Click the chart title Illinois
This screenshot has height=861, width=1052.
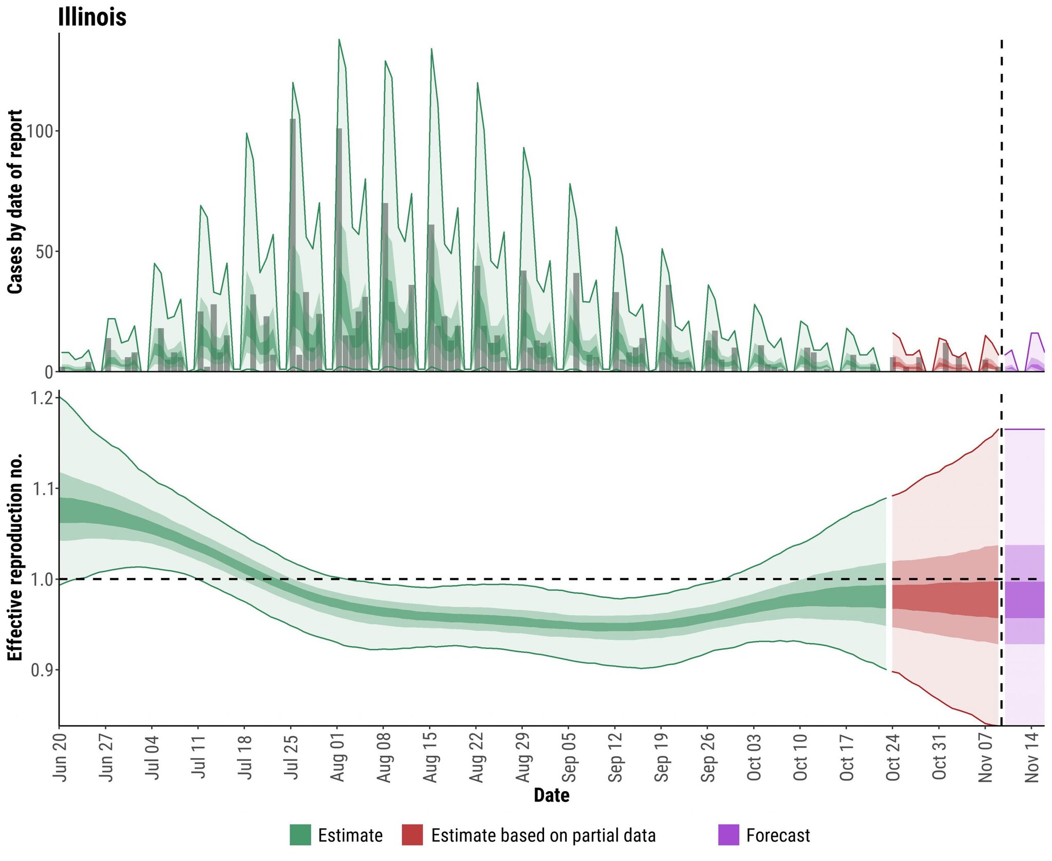(x=92, y=16)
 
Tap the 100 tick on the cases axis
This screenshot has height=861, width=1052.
(x=40, y=131)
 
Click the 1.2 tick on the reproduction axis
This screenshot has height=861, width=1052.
(x=42, y=398)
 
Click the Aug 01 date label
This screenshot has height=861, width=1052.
(x=337, y=758)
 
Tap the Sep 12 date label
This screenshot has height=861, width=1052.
(x=615, y=758)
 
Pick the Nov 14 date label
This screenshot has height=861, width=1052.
(x=1032, y=758)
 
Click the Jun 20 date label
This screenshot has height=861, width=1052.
(x=60, y=758)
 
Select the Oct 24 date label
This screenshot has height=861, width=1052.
(x=893, y=758)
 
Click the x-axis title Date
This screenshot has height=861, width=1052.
(x=551, y=796)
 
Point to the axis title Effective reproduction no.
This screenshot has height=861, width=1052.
(x=15, y=557)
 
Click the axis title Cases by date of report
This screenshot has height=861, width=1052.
(x=15, y=201)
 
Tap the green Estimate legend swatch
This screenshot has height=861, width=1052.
(x=300, y=835)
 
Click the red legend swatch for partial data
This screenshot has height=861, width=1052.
(x=412, y=835)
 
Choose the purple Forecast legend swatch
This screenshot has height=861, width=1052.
(x=728, y=835)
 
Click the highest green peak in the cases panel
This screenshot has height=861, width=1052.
(x=339, y=40)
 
